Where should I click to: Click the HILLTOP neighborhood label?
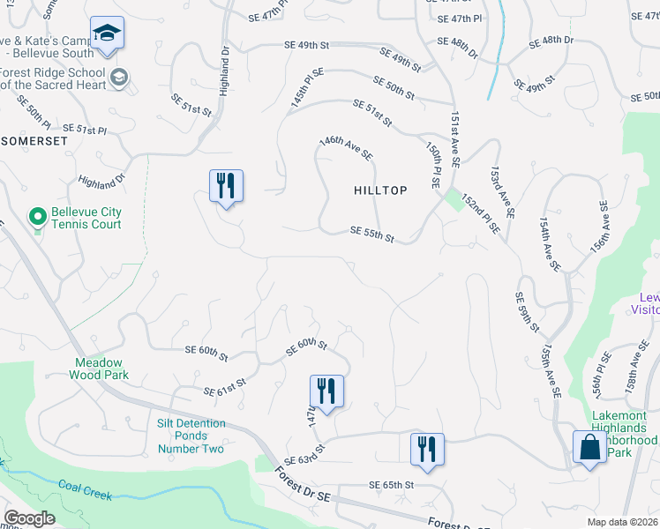380,190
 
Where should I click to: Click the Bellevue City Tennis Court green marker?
37,216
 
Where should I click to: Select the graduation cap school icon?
107,34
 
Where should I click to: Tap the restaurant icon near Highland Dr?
226,185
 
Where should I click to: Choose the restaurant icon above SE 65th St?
426,449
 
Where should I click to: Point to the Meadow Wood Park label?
99,369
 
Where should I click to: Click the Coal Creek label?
85,489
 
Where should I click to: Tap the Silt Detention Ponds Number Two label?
191,436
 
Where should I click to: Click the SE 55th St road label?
371,235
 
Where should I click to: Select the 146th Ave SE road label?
346,147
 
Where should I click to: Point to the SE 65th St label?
392,486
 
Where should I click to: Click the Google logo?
29,518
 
